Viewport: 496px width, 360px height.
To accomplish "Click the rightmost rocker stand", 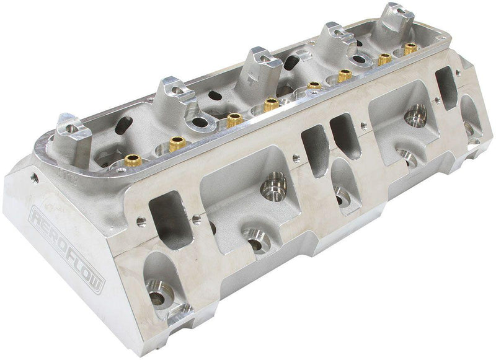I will (x=397, y=17).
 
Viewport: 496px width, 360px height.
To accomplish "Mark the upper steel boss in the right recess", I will (x=416, y=114).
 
